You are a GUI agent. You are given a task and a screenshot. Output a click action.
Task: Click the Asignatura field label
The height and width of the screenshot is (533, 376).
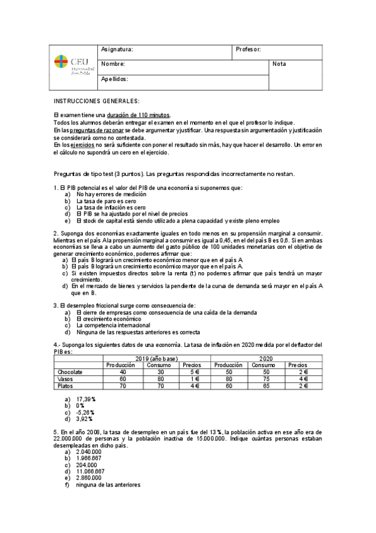(117, 49)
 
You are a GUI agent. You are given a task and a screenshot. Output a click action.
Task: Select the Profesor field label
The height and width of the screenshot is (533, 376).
(248, 49)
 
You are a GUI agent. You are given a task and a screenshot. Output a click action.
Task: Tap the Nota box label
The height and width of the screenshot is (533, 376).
(279, 64)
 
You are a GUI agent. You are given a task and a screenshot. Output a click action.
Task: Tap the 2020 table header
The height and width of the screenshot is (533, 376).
(266, 358)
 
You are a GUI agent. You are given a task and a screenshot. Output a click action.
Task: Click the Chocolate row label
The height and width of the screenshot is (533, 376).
(70, 371)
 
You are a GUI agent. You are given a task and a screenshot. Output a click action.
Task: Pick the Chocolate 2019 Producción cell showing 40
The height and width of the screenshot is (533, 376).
(122, 371)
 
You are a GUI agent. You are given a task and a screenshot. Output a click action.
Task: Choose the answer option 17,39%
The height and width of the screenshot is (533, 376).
(85, 399)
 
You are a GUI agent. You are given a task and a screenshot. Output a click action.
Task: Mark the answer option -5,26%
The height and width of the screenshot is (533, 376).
(85, 412)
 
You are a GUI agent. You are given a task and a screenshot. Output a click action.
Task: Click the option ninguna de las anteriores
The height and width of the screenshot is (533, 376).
(107, 485)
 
